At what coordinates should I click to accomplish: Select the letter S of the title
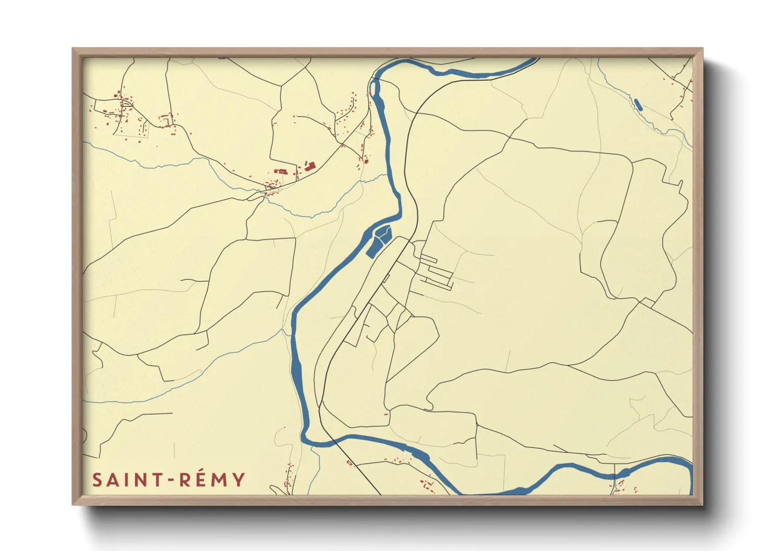click(x=97, y=480)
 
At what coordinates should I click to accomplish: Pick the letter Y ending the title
click(x=239, y=480)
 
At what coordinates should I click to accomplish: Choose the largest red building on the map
click(x=309, y=166)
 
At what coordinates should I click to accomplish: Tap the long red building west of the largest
click(x=280, y=171)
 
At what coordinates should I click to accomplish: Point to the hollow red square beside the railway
click(x=350, y=462)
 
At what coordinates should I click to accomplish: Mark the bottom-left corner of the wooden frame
click(x=73, y=504)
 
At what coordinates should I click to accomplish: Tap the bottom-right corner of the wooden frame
click(x=702, y=504)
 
